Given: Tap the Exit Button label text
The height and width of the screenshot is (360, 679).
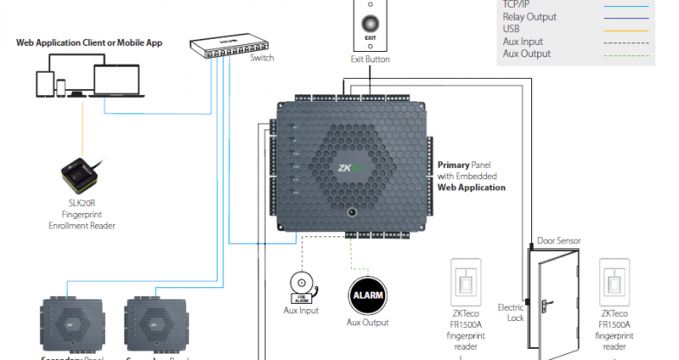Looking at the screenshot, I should [x=369, y=60].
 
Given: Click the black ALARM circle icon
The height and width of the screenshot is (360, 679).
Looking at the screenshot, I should [x=365, y=297].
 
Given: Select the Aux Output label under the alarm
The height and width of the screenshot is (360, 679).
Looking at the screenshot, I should [x=365, y=322].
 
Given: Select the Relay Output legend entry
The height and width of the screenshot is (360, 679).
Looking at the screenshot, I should [x=529, y=16].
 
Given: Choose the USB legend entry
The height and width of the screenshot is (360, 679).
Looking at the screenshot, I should [x=511, y=29].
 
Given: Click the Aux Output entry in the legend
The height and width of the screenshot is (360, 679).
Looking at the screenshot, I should [x=527, y=54].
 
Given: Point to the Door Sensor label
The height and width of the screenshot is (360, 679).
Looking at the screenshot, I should [x=558, y=241].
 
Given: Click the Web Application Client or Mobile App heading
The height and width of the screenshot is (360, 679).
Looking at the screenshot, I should [x=101, y=42].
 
